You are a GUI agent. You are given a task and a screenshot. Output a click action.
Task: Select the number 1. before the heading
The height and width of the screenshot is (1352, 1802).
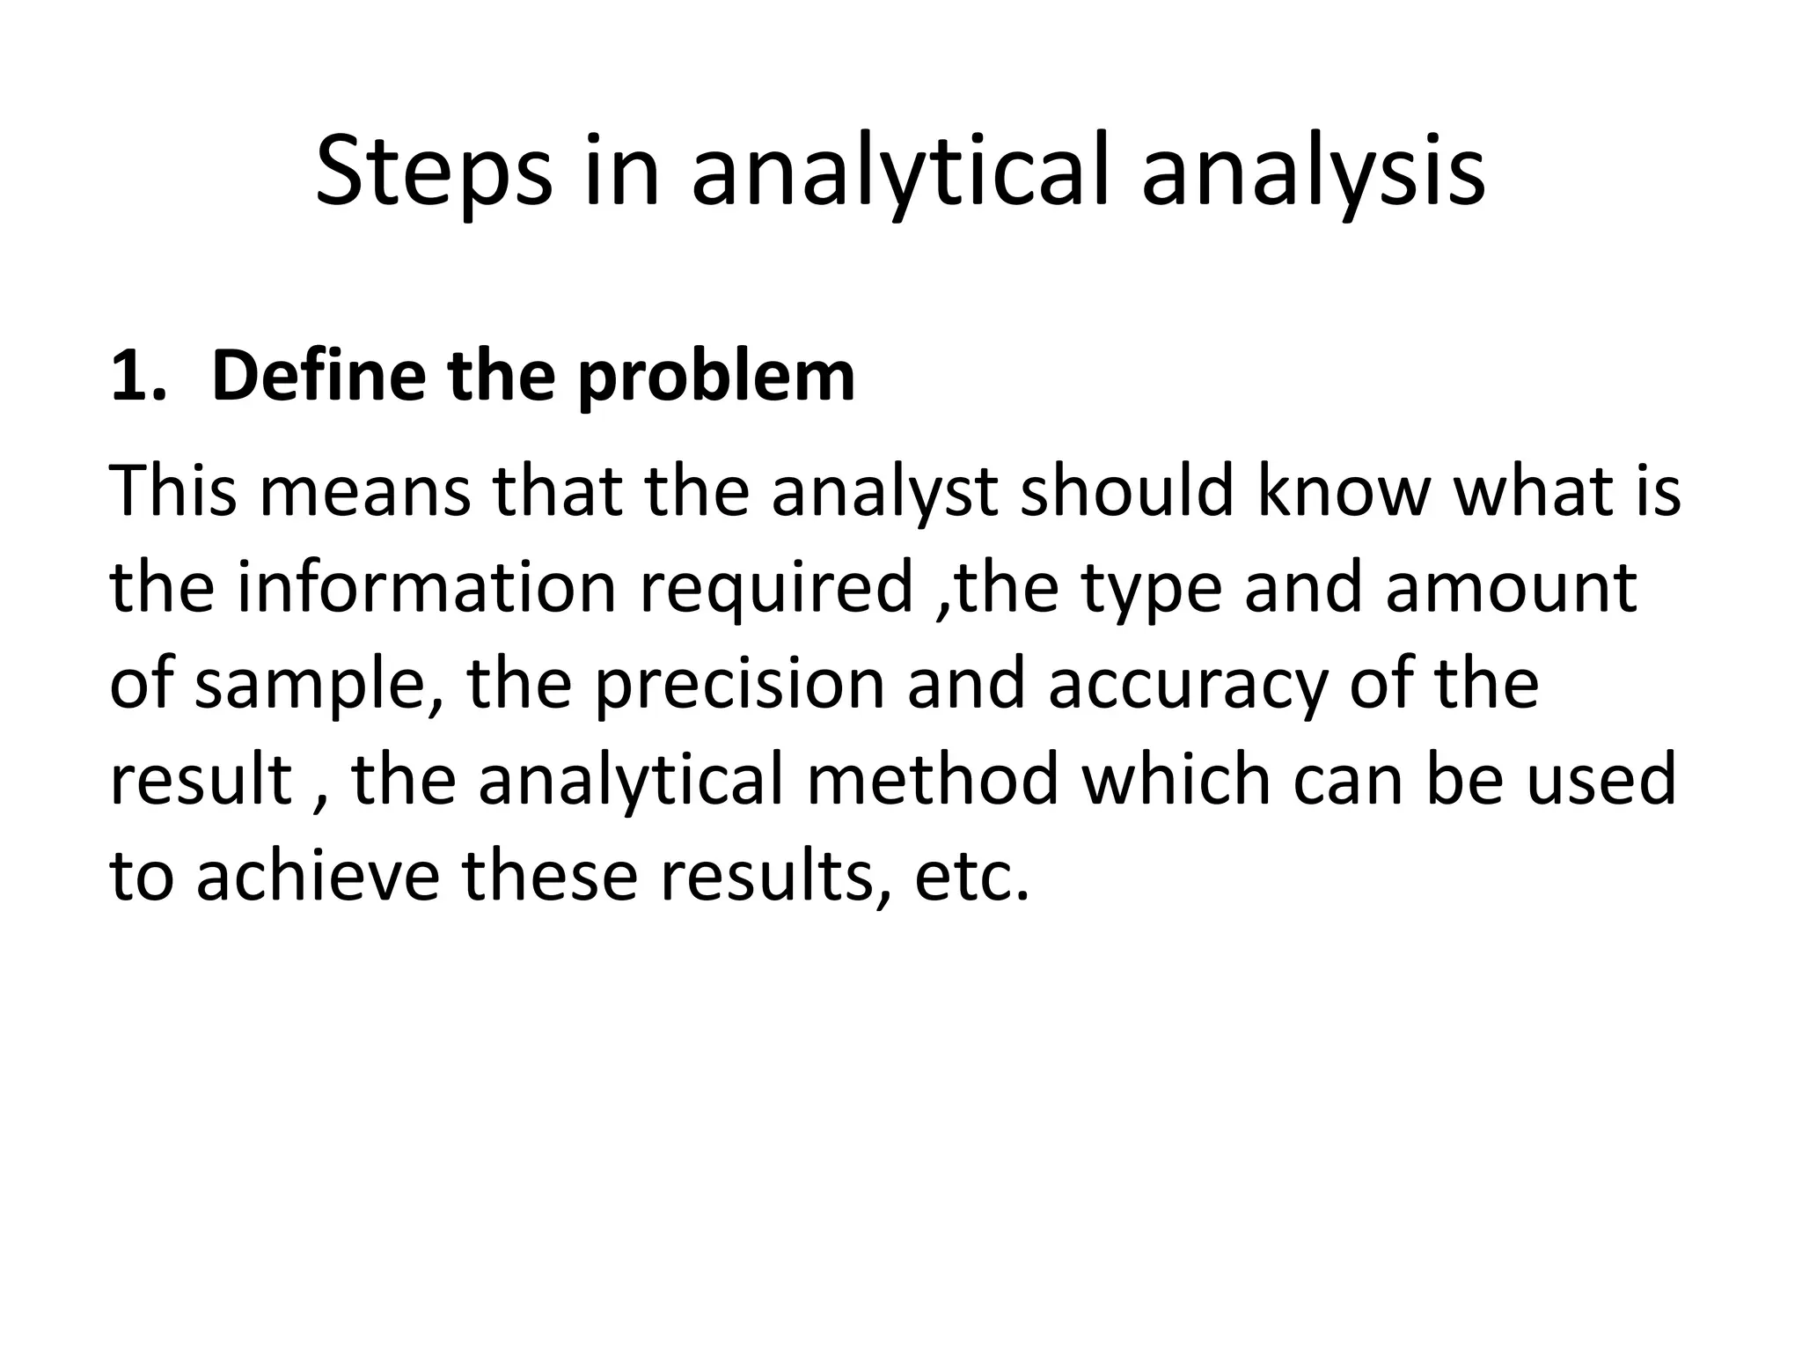click(137, 377)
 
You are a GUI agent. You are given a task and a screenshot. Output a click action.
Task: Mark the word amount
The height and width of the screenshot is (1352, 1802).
click(1511, 588)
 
